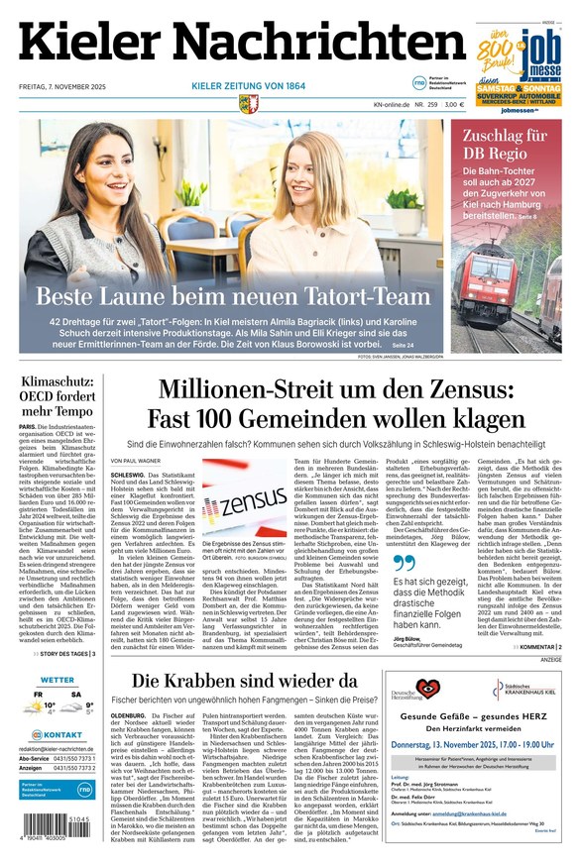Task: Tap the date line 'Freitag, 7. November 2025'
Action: click(64, 86)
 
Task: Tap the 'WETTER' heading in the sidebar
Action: click(58, 681)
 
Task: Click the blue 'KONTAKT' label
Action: click(62, 735)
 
